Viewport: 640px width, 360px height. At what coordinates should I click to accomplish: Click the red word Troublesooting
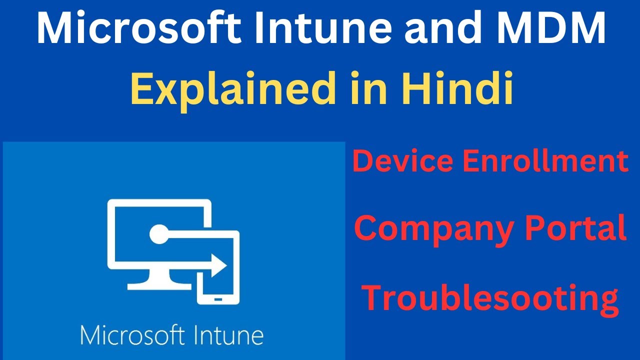coord(490,296)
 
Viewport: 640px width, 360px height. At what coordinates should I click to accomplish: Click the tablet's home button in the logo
coord(218,299)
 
